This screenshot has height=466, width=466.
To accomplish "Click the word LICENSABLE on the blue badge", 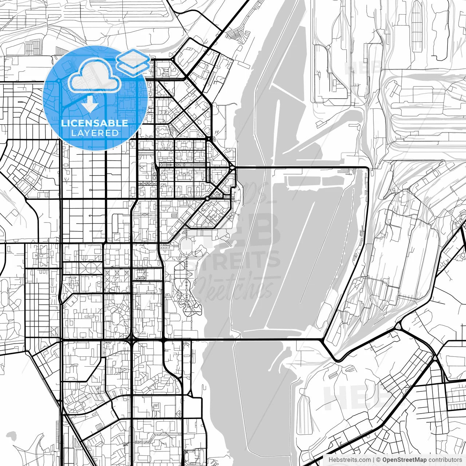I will click(x=95, y=123).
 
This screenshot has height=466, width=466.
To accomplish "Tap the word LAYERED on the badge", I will click(x=95, y=133).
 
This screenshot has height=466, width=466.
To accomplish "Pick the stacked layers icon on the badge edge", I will click(x=133, y=62).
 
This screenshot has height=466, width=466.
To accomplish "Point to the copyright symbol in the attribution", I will click(x=378, y=460).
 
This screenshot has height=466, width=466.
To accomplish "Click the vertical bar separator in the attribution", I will click(x=374, y=460).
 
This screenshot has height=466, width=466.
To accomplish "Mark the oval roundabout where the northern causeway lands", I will click(x=232, y=168).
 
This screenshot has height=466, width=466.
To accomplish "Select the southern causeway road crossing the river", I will click(x=255, y=340).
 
